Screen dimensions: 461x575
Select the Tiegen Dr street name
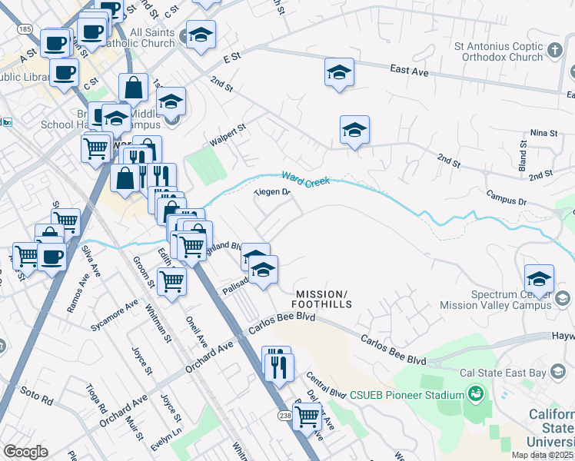(271, 193)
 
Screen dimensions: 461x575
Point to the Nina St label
(543, 133)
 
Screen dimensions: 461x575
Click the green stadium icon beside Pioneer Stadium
(476, 395)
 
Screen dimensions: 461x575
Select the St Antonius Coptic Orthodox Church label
(498, 51)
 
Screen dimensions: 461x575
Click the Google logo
(26, 452)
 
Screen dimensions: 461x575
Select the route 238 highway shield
(284, 414)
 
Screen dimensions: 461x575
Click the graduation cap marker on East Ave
(339, 72)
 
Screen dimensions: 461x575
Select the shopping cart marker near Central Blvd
(307, 416)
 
